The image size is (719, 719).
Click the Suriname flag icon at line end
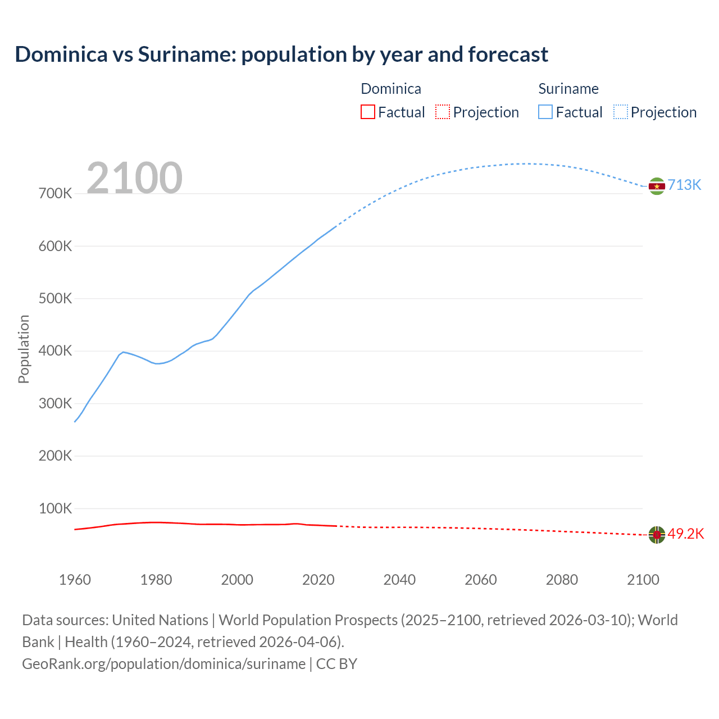(657, 186)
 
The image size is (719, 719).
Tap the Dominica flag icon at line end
(657, 535)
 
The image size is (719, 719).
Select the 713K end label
(684, 185)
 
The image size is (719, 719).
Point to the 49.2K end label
(685, 534)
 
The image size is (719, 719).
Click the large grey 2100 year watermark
(134, 178)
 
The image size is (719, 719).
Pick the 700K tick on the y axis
(55, 194)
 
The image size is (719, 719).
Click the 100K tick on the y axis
(55, 509)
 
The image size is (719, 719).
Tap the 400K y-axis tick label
(55, 351)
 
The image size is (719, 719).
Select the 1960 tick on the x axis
(75, 580)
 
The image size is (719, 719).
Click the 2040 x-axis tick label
(399, 580)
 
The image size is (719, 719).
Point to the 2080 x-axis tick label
(562, 580)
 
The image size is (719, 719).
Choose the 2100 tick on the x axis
(643, 580)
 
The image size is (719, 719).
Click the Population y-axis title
(24, 349)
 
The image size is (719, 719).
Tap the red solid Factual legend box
(368, 112)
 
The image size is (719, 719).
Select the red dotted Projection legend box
(443, 112)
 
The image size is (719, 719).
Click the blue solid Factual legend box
(545, 112)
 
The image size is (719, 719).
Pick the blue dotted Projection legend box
(620, 112)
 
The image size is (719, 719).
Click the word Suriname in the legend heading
(568, 89)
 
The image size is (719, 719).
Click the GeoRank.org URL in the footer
(163, 664)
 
